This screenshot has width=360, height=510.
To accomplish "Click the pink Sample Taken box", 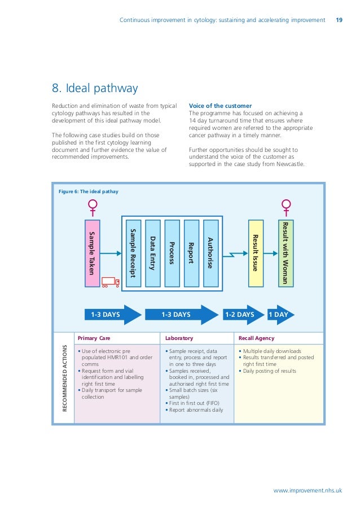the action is [93, 253].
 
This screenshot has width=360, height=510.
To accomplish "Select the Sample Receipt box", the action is [133, 253].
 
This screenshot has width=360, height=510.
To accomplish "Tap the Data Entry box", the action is [153, 253].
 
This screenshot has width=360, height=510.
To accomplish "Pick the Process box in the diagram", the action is [172, 253].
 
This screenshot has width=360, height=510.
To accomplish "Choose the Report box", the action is [191, 253].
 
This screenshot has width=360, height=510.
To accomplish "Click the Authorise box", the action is [210, 253].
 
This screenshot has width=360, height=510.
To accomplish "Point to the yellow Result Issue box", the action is [256, 253].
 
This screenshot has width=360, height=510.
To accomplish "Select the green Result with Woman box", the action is [286, 253].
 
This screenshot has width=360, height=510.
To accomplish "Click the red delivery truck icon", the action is [111, 282].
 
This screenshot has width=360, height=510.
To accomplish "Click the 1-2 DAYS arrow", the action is [243, 315].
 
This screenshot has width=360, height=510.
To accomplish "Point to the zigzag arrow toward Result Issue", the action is [235, 254].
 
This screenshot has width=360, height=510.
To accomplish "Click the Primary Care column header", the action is [94, 338].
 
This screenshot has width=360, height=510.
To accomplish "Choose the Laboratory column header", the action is [179, 338].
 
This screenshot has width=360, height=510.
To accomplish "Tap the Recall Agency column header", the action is [256, 338].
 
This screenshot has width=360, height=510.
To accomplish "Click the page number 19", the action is [339, 20].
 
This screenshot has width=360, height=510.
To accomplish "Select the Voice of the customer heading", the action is [220, 106].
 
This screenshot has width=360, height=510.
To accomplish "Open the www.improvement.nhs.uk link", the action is [308, 490].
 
